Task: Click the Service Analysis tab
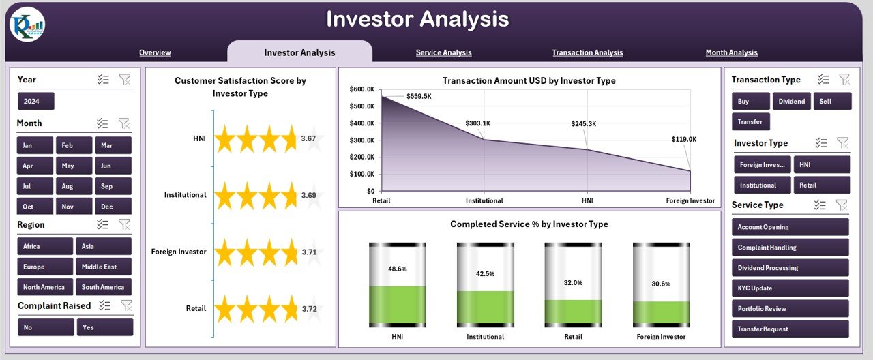pyautogui.click(x=443, y=52)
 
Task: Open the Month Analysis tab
pyautogui.click(x=731, y=52)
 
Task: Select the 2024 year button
pyautogui.click(x=35, y=102)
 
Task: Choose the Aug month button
pyautogui.click(x=67, y=186)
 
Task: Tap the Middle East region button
pyautogui.click(x=103, y=267)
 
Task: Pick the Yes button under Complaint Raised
pyautogui.click(x=104, y=327)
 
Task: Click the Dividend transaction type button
pyautogui.click(x=791, y=102)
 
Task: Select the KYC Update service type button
pyautogui.click(x=790, y=288)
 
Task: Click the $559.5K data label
pyautogui.click(x=419, y=97)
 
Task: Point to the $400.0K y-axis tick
pyautogui.click(x=361, y=123)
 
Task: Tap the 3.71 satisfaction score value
pyautogui.click(x=309, y=252)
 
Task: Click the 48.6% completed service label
pyautogui.click(x=397, y=269)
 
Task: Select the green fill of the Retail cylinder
pyautogui.click(x=573, y=310)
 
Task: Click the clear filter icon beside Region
pyautogui.click(x=125, y=224)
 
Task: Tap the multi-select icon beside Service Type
pyautogui.click(x=820, y=205)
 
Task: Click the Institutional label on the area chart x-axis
pyautogui.click(x=484, y=201)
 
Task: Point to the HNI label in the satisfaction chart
pyautogui.click(x=199, y=138)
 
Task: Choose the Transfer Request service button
pyautogui.click(x=790, y=329)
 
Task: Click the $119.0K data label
pyautogui.click(x=683, y=139)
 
